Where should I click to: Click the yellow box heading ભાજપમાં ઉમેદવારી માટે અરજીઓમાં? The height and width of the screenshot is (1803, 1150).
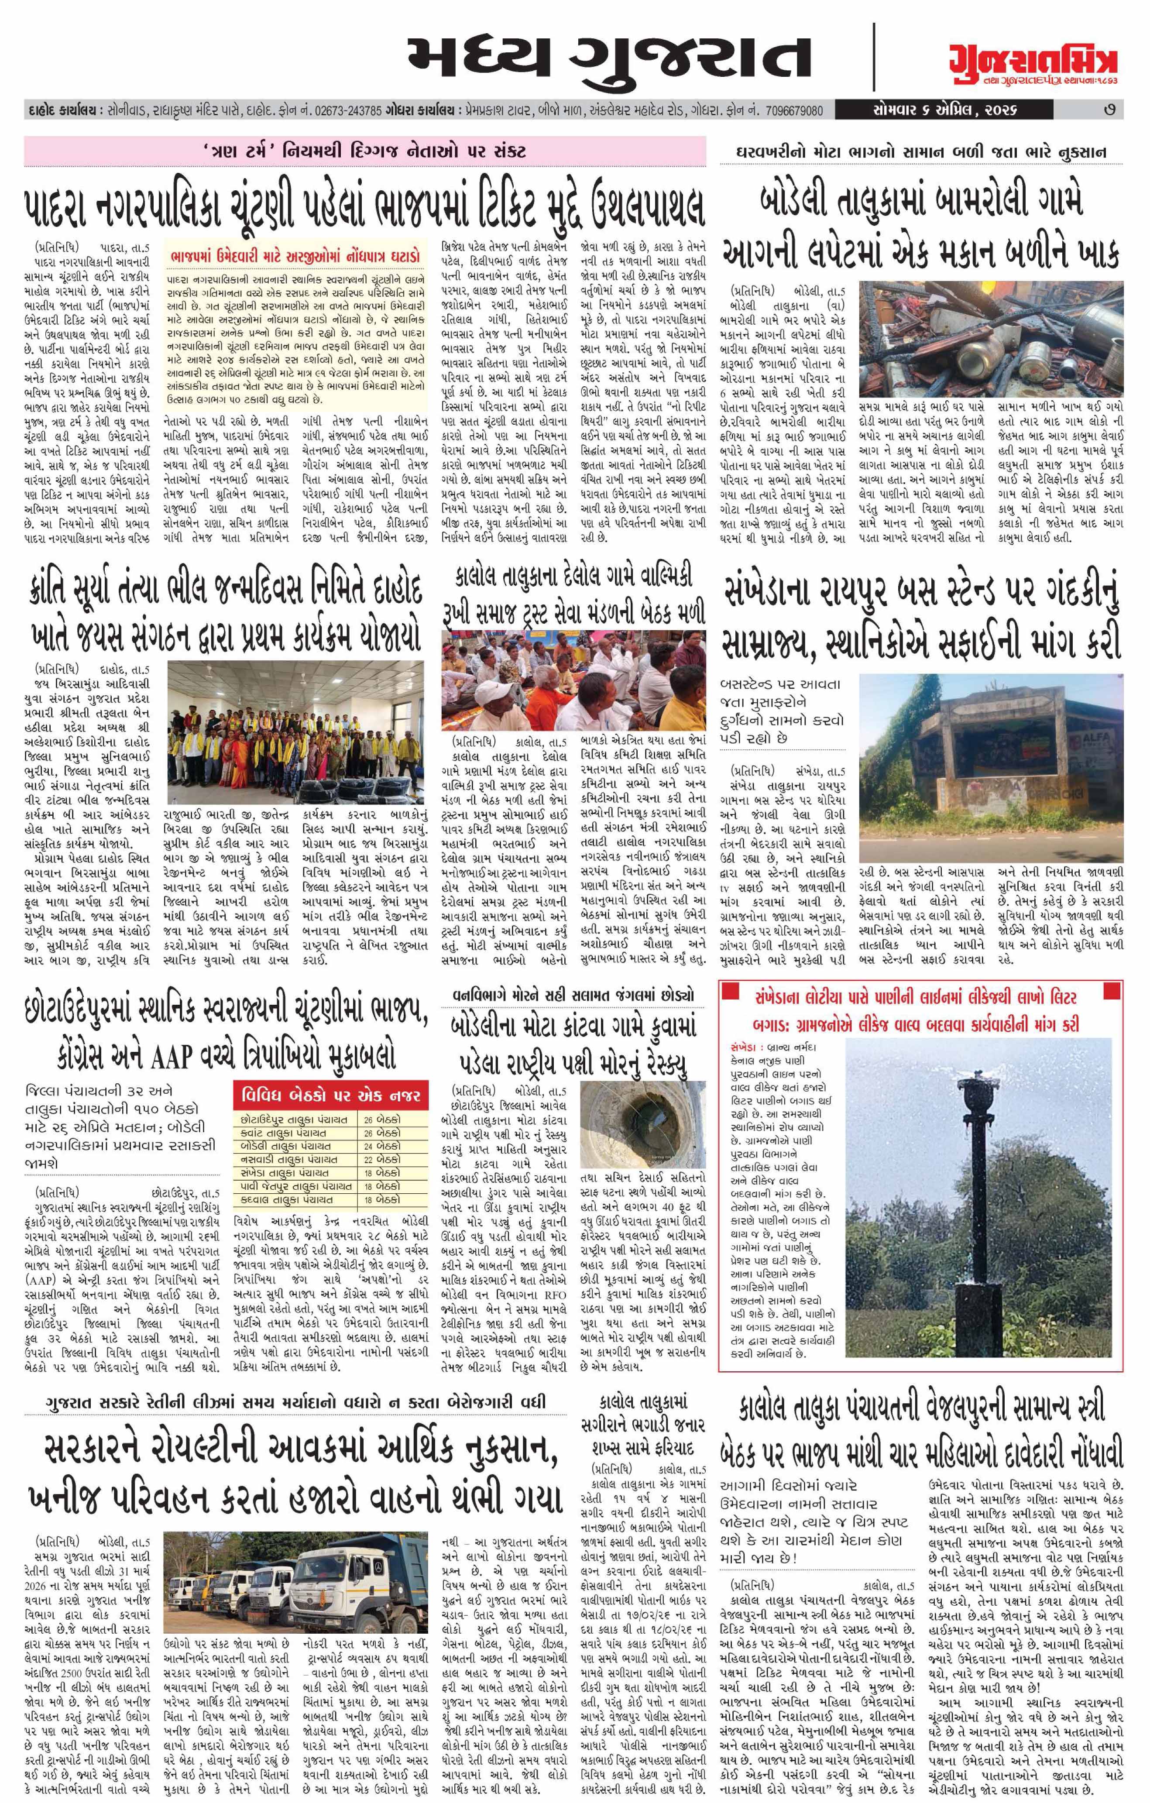[x=293, y=257]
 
